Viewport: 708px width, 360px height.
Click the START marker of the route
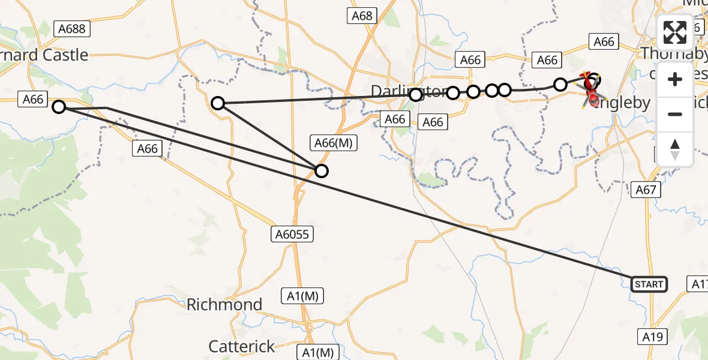click(649, 284)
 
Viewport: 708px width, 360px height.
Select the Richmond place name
click(224, 304)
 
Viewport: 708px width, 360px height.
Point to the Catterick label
click(242, 346)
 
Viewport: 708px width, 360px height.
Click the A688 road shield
click(71, 28)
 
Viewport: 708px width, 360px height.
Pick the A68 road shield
click(362, 16)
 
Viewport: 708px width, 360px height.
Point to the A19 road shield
click(650, 337)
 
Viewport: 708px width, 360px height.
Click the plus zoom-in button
click(675, 79)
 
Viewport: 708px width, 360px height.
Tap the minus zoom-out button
click(675, 114)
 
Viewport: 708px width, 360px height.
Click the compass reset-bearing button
click(675, 149)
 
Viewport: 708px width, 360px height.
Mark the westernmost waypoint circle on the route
click(59, 107)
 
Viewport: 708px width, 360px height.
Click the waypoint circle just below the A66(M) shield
click(322, 171)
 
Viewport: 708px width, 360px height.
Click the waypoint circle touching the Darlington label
click(416, 95)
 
